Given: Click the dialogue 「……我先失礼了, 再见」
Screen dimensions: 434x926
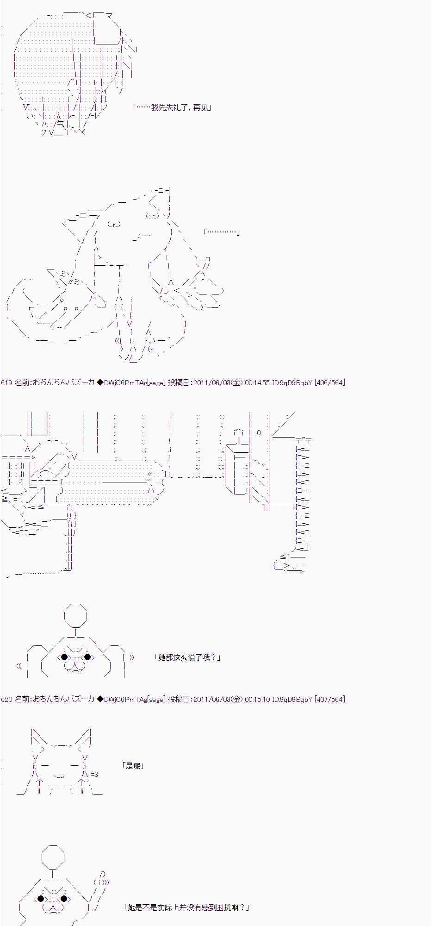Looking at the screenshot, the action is pyautogui.click(x=172, y=107).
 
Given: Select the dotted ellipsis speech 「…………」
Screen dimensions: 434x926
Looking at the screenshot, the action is pyautogui.click(x=222, y=231).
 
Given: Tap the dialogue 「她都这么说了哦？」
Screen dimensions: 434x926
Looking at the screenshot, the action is pyautogui.click(x=187, y=657).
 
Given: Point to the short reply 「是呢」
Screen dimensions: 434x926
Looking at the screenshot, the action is pyautogui.click(x=133, y=766).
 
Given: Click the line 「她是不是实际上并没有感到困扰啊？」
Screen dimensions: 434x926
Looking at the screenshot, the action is pyautogui.click(x=186, y=907).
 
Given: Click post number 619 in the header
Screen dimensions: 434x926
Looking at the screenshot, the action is pyautogui.click(x=6, y=382).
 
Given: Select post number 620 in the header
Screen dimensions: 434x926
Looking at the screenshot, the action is pyautogui.click(x=6, y=699).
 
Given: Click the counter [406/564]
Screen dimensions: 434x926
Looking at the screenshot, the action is pyautogui.click(x=329, y=382).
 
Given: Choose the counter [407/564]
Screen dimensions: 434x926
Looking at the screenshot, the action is pyautogui.click(x=329, y=699).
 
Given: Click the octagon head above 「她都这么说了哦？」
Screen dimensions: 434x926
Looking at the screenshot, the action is pyautogui.click(x=75, y=615).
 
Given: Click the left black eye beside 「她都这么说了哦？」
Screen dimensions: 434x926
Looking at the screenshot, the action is pyautogui.click(x=64, y=657).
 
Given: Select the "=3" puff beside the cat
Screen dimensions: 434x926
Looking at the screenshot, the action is pyautogui.click(x=94, y=774).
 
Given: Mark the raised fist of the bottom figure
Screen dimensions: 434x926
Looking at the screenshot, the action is pyautogui.click(x=101, y=882).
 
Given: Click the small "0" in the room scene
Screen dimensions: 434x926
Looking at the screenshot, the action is pyautogui.click(x=259, y=433).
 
